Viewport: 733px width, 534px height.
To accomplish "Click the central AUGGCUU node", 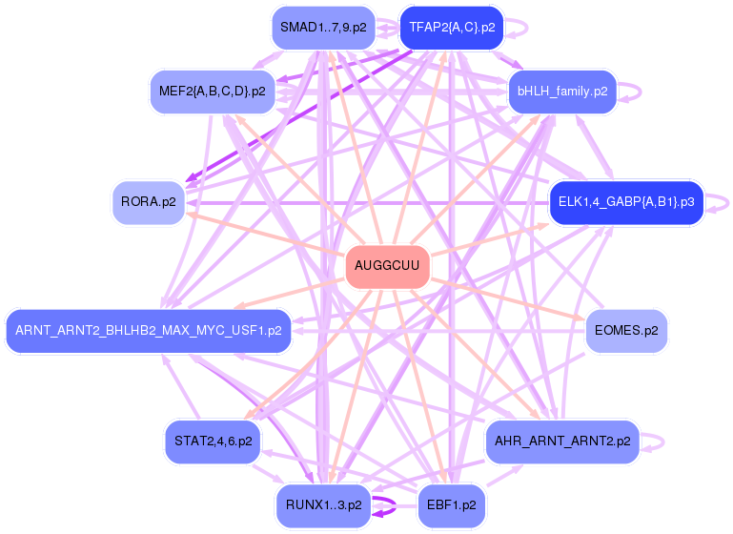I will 387,265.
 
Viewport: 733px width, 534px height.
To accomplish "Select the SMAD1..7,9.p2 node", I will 323,28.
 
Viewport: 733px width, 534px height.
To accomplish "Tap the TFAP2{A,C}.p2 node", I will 452,28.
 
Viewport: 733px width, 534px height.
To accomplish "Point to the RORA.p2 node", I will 149,202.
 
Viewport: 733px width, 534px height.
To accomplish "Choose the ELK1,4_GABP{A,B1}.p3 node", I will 626,202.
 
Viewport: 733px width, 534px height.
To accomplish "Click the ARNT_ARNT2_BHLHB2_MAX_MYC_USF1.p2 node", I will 148,331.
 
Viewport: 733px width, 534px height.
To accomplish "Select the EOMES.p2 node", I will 626,331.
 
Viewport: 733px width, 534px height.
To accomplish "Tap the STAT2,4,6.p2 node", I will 213,442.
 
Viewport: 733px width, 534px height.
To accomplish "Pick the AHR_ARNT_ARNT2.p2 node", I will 561,442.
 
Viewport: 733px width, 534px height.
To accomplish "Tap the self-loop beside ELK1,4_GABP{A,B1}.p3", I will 723,202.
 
